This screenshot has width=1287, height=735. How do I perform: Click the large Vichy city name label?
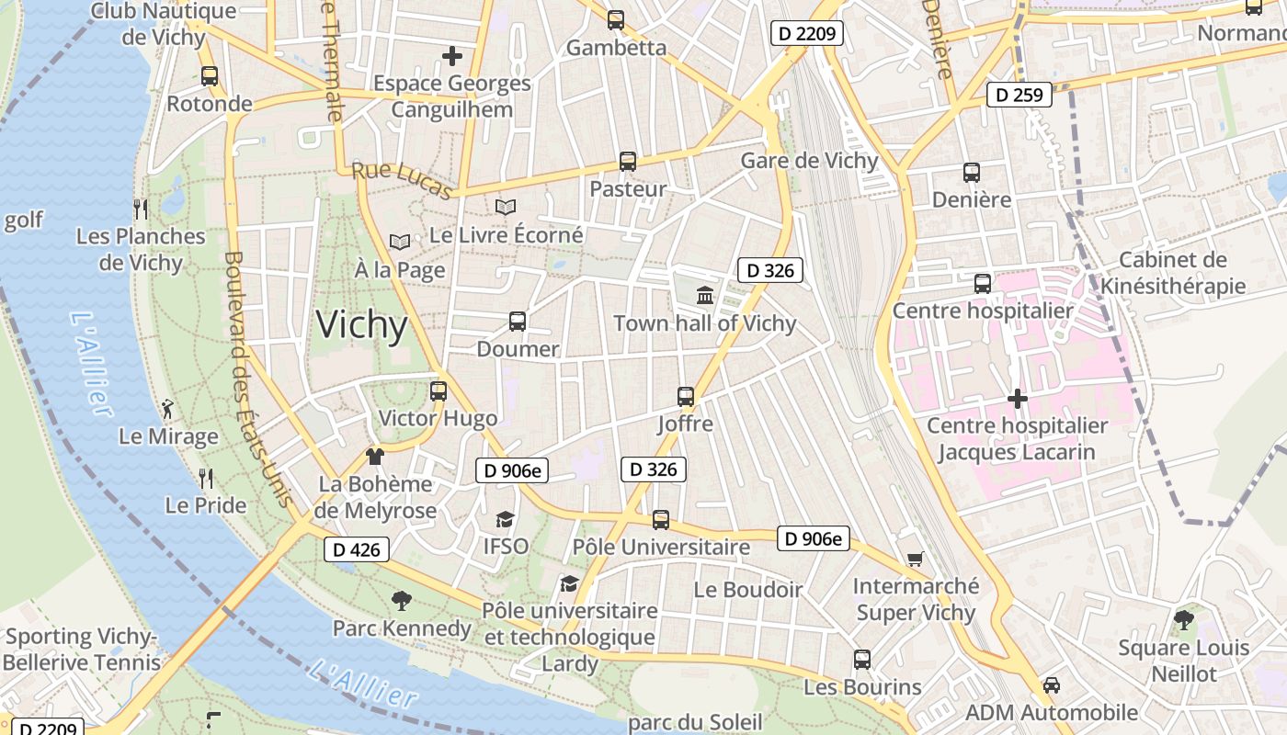pyautogui.click(x=361, y=325)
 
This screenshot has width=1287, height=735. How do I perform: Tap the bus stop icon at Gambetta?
pyautogui.click(x=616, y=19)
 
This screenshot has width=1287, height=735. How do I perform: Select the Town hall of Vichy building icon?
pyautogui.click(x=705, y=295)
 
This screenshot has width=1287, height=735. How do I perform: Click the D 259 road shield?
pyautogui.click(x=1019, y=95)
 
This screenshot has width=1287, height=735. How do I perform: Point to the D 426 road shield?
pyautogui.click(x=357, y=550)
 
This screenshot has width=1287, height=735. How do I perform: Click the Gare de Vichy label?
pyautogui.click(x=809, y=161)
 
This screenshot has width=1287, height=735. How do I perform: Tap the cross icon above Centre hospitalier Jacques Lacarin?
pyautogui.click(x=1017, y=399)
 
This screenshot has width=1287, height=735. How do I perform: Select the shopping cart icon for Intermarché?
pyautogui.click(x=915, y=559)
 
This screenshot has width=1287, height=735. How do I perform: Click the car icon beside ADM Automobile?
pyautogui.click(x=1052, y=685)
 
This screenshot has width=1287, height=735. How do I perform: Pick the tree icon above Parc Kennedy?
pyautogui.click(x=401, y=601)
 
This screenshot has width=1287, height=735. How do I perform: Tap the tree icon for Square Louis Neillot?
pyautogui.click(x=1184, y=620)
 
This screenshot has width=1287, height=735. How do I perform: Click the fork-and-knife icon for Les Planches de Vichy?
pyautogui.click(x=141, y=209)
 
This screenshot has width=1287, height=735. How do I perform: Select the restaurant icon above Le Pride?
pyautogui.click(x=206, y=478)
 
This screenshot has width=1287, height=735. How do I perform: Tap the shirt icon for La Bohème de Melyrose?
pyautogui.click(x=374, y=457)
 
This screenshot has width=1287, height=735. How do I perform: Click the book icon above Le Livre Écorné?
pyautogui.click(x=506, y=207)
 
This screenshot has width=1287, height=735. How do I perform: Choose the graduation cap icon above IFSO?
pyautogui.click(x=506, y=519)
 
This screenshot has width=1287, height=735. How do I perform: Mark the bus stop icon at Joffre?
pyautogui.click(x=686, y=397)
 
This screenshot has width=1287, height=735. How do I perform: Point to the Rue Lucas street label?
pyautogui.click(x=403, y=179)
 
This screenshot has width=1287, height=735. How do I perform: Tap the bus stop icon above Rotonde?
pyautogui.click(x=210, y=76)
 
